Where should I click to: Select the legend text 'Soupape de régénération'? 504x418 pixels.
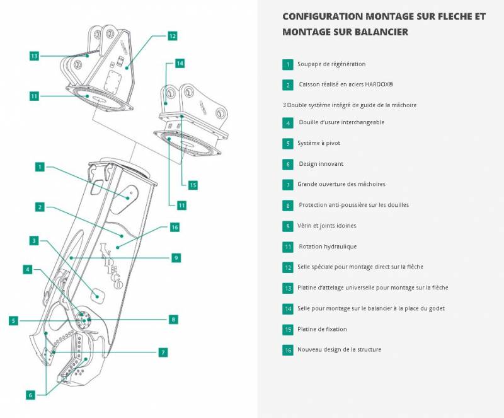pos(331,64)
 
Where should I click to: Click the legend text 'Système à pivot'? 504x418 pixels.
pos(318,144)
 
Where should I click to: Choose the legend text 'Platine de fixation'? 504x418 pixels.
pos(322,329)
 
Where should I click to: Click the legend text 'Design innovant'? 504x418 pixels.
pos(321,164)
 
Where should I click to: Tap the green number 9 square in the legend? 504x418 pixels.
pos(288,226)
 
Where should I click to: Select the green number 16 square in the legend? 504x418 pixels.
pos(288,350)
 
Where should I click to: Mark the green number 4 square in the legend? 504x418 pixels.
pos(288,123)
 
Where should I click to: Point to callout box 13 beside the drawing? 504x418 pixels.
pos(35,56)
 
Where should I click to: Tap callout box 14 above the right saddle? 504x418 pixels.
pos(180,64)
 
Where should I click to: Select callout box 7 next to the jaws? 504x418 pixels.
pos(163,352)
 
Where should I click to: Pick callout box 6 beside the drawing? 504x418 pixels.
pos(30,395)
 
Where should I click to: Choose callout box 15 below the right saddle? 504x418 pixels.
pos(193,185)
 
